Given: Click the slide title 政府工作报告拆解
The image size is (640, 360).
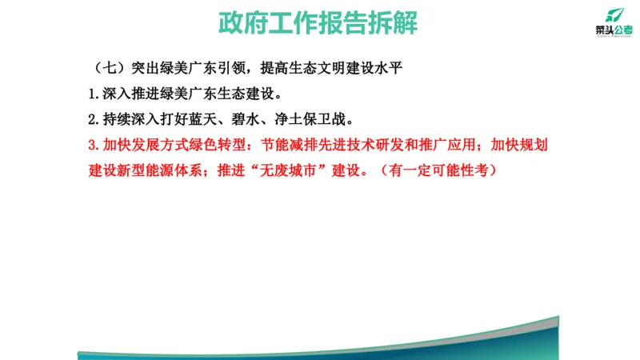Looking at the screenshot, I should (x=318, y=22).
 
